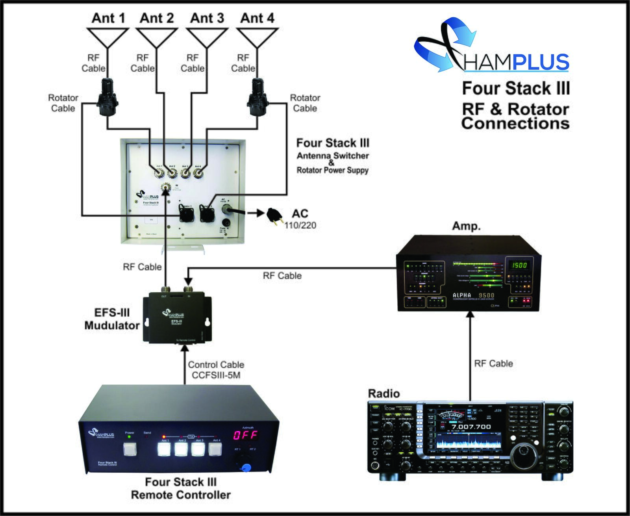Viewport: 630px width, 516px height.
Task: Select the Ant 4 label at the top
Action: [x=257, y=18]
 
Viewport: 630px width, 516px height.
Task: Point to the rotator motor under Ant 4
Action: [x=258, y=97]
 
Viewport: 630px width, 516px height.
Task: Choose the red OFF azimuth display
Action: [x=245, y=435]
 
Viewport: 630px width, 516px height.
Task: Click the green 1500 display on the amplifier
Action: [x=519, y=265]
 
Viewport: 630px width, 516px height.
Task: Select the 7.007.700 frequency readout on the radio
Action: [x=471, y=427]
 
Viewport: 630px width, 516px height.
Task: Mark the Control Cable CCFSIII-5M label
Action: [x=216, y=370]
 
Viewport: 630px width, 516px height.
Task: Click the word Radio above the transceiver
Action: [x=384, y=393]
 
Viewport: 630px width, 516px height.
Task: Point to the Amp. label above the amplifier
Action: [x=466, y=226]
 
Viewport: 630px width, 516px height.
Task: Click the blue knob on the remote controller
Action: [x=246, y=468]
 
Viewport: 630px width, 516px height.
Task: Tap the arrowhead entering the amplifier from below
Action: [x=470, y=315]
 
